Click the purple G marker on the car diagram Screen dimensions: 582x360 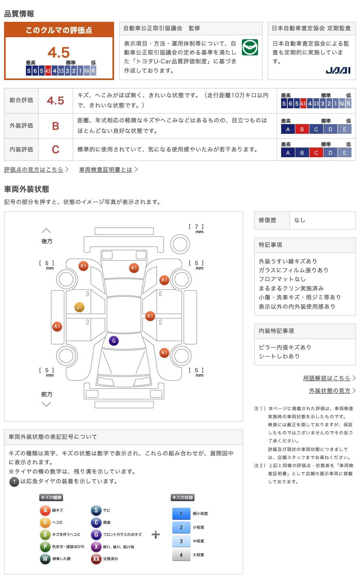pyautogui.click(x=114, y=341)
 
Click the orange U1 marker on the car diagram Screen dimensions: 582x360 pyautogui.click(x=79, y=308)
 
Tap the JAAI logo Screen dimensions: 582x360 pyautogui.click(x=338, y=70)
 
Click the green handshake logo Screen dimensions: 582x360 pyautogui.click(x=250, y=48)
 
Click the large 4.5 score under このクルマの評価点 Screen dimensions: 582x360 pyautogui.click(x=59, y=53)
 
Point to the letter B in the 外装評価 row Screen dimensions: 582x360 pyautogui.click(x=56, y=126)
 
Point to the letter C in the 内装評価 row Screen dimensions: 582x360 pyautogui.click(x=56, y=150)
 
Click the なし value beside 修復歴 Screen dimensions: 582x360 pyautogui.click(x=300, y=220)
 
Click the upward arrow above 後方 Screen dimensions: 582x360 pyautogui.click(x=47, y=231)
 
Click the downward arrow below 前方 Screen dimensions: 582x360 pyautogui.click(x=47, y=404)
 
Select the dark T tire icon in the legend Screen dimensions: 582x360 pyautogui.click(x=14, y=481)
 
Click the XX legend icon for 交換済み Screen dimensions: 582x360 pyautogui.click(x=96, y=559)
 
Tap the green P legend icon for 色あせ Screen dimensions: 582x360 pyautogui.click(x=45, y=547)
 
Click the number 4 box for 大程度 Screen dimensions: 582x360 pyautogui.click(x=181, y=555)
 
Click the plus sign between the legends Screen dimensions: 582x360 pyautogui.click(x=156, y=535)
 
